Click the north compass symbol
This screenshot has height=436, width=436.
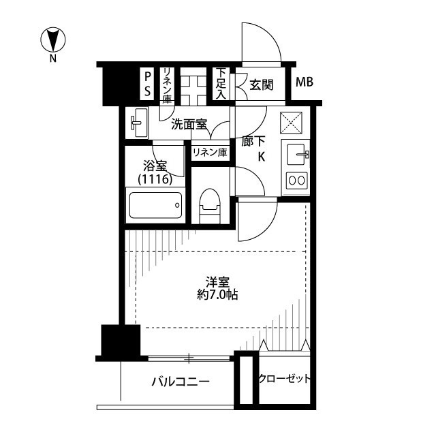pyautogui.click(x=53, y=40)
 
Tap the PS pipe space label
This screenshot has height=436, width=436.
pyautogui.click(x=148, y=84)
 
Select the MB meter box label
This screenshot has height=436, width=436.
pyautogui.click(x=305, y=82)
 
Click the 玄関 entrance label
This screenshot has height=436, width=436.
pyautogui.click(x=262, y=85)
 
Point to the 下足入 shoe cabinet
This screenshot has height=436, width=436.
pyautogui.click(x=221, y=83)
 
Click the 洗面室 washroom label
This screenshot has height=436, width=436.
pyautogui.click(x=189, y=124)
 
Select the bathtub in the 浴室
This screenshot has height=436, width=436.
pyautogui.click(x=155, y=205)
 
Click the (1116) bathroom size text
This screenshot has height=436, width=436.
pyautogui.click(x=155, y=179)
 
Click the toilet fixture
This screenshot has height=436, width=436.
pyautogui.click(x=210, y=206)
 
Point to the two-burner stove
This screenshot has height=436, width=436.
pyautogui.click(x=297, y=181)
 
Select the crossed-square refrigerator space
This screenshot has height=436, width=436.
pyautogui.click(x=291, y=123)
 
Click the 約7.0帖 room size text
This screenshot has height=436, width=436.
pyautogui.click(x=217, y=295)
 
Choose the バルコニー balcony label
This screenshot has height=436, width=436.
pyautogui.click(x=181, y=381)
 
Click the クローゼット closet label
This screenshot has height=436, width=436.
pyautogui.click(x=284, y=379)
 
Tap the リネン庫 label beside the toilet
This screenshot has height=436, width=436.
pyautogui.click(x=210, y=152)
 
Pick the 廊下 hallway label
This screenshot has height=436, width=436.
pyautogui.click(x=253, y=141)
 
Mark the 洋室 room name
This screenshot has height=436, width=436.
pyautogui.click(x=217, y=282)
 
